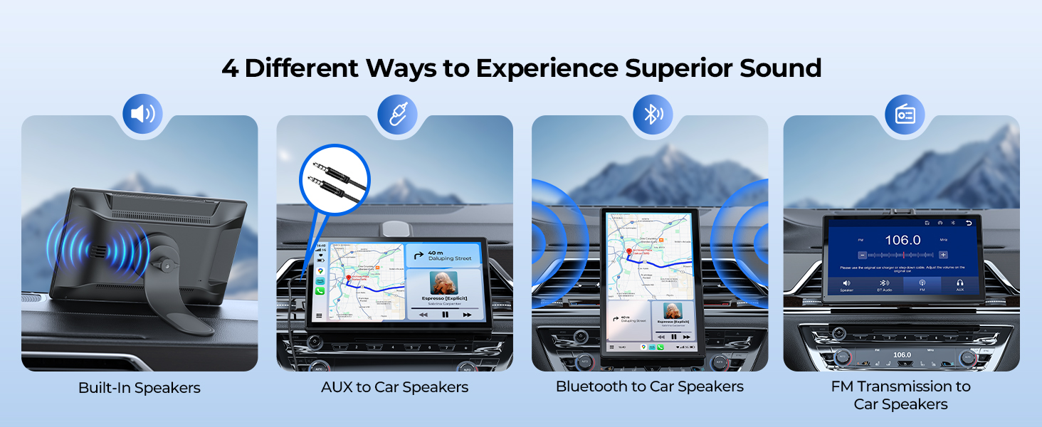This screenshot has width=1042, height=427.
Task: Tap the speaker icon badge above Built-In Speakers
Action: [x=142, y=114]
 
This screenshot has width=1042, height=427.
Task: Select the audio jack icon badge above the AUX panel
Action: [x=397, y=114]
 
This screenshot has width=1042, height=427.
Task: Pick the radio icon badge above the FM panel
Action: [x=905, y=115]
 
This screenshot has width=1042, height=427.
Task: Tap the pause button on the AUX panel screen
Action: [x=446, y=314]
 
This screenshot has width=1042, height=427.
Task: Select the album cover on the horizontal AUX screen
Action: [x=443, y=283]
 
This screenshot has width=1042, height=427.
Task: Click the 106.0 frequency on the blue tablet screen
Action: [x=902, y=240]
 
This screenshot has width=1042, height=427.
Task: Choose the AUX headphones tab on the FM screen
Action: [x=960, y=285]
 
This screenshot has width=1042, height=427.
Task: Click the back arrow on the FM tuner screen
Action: [x=968, y=223]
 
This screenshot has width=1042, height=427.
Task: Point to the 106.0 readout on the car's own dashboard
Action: [x=902, y=354]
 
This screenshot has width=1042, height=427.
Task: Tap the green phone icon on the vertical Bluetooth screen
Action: [x=661, y=347]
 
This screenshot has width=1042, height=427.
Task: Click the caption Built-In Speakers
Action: [x=140, y=388]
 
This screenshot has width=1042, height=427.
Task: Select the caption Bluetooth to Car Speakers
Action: [x=650, y=386]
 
